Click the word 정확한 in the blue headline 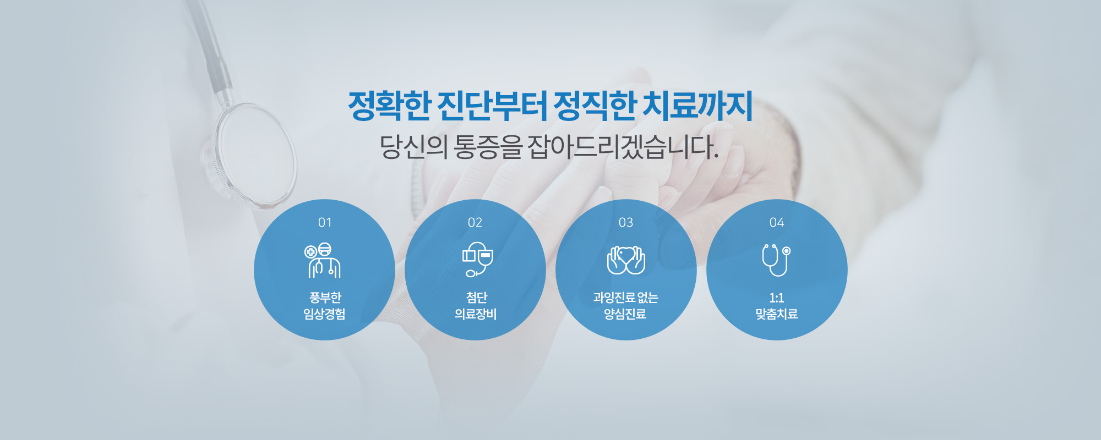(389, 106)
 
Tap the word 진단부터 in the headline (492, 106)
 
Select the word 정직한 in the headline (595, 106)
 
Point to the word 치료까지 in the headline (698, 106)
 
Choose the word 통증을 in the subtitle (488, 147)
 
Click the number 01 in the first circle (325, 223)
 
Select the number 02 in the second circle (475, 223)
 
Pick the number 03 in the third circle (626, 223)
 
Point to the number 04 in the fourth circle (777, 223)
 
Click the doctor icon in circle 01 (323, 260)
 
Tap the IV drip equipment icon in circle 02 (477, 259)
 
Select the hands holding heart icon (626, 260)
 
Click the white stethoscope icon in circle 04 (777, 260)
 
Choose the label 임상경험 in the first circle (325, 314)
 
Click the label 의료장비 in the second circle (476, 314)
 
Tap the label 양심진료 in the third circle (625, 314)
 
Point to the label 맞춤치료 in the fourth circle (777, 314)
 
